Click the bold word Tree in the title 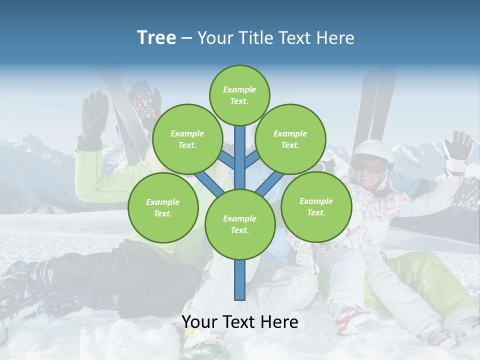click(156, 38)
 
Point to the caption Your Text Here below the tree click(240, 322)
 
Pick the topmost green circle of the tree click(239, 95)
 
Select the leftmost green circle click(163, 208)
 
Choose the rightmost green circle click(316, 207)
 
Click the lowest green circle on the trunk click(240, 224)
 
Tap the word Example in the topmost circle click(239, 89)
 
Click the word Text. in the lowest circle click(239, 230)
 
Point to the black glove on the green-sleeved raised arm click(94, 120)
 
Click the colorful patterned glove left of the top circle click(145, 102)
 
